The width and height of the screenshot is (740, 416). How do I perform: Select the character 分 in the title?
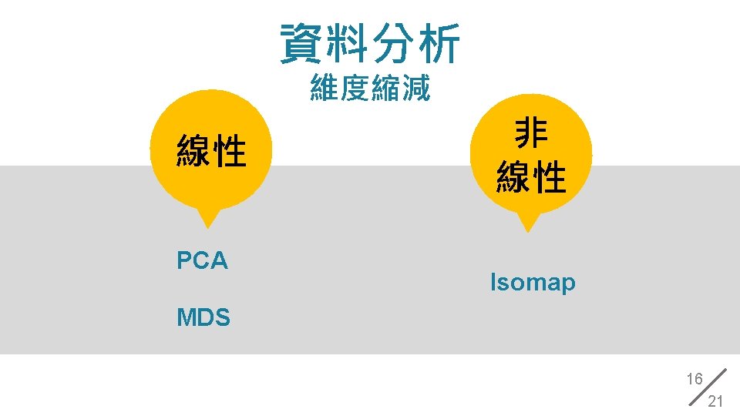pyautogui.click(x=393, y=42)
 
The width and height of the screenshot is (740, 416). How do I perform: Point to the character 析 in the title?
pyautogui.click(x=438, y=42)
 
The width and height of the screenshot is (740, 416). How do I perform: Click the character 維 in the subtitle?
pyautogui.click(x=325, y=89)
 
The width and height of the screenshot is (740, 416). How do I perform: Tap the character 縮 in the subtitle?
pyautogui.click(x=385, y=89)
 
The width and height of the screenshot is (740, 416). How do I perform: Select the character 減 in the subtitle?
pyautogui.click(x=415, y=89)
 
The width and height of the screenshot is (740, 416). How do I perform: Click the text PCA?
pyautogui.click(x=202, y=261)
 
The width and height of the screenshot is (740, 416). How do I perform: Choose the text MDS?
pyautogui.click(x=203, y=317)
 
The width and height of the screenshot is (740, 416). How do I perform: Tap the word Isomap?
pyautogui.click(x=533, y=283)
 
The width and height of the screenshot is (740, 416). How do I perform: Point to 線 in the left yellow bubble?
pyautogui.click(x=193, y=150)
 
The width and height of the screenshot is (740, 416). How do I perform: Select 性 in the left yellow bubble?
pyautogui.click(x=230, y=150)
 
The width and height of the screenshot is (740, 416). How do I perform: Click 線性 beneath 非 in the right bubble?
pyautogui.click(x=531, y=177)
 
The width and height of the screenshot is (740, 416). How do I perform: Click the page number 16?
pyautogui.click(x=695, y=379)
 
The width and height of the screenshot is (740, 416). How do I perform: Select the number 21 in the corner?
pyautogui.click(x=715, y=401)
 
